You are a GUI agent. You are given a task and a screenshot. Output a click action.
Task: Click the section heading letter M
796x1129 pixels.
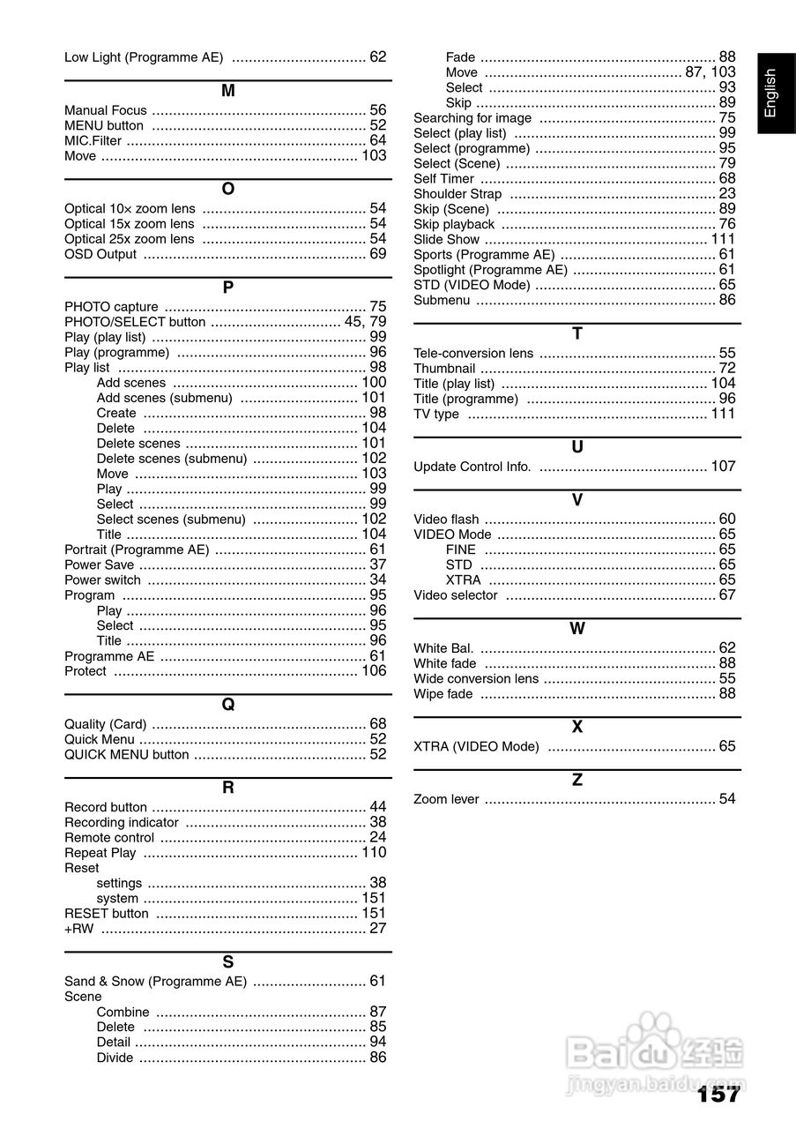coord(227,91)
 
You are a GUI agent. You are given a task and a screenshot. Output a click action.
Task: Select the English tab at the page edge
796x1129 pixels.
coord(770,93)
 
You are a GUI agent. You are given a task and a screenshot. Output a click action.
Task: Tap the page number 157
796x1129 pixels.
coord(718,1095)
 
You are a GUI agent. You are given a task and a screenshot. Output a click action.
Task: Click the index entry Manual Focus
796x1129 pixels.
coord(106,110)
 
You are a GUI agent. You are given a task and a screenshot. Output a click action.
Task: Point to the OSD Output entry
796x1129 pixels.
coord(100,254)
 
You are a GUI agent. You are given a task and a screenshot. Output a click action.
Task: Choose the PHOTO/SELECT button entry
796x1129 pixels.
coord(135,322)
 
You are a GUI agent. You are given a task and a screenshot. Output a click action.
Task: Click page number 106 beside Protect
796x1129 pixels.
coord(374,671)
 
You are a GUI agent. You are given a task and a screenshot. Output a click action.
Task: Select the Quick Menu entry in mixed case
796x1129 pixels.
coord(100,739)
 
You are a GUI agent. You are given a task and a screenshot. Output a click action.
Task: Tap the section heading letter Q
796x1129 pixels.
coord(227,705)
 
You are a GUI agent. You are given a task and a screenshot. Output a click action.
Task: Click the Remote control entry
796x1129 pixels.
coord(109,837)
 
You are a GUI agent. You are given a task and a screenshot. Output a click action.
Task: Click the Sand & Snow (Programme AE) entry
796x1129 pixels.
coord(155,981)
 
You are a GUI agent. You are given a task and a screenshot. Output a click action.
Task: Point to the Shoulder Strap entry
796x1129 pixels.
coord(458,194)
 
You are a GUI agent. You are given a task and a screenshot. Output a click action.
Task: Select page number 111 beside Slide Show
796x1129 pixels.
coord(723,239)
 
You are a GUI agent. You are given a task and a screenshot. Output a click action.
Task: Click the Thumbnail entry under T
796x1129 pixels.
coord(444,368)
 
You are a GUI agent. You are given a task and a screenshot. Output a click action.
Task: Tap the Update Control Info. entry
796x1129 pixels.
coord(472,467)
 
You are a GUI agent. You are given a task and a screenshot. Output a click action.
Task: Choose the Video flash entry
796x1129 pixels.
coord(446,520)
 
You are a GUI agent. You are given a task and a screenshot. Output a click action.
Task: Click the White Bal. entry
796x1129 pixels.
coord(443,647)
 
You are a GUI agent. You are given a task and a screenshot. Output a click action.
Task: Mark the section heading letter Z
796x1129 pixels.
coord(577,781)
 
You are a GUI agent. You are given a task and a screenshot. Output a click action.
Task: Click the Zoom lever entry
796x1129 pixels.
coord(446,799)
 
